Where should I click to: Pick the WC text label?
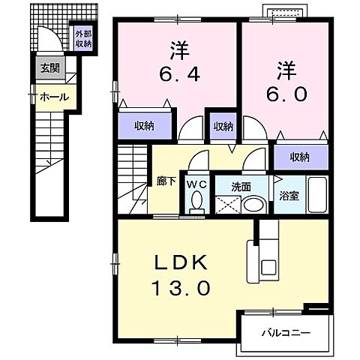click(x=197, y=183)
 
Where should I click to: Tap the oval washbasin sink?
click(x=254, y=204)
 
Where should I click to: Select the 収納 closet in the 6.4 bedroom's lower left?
click(x=145, y=125)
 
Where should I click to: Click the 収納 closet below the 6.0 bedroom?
click(x=301, y=157)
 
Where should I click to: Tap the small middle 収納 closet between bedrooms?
click(x=223, y=126)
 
